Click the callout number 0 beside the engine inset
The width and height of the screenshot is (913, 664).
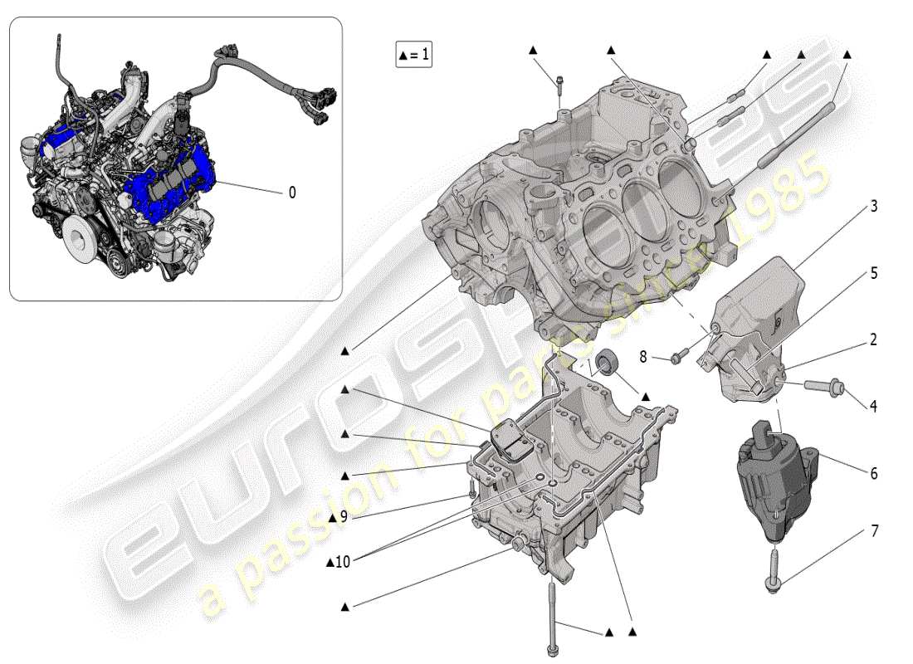coord(291,193)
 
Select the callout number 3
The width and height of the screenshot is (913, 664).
coord(874,206)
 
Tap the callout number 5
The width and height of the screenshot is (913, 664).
coord(874,273)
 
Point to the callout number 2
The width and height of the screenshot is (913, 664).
coord(874,339)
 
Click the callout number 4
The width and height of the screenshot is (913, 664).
coord(874,406)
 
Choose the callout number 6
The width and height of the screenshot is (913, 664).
coord(874,473)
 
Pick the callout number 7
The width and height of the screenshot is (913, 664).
coord(874,530)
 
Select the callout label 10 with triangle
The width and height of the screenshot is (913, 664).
coord(339,562)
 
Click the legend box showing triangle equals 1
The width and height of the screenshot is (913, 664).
coord(413,56)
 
